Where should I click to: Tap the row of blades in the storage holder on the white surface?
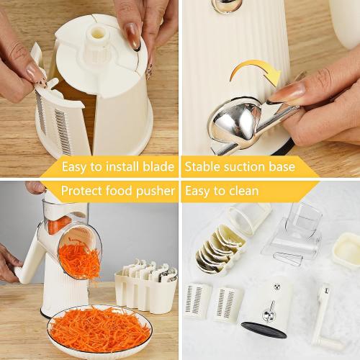tap(220, 249)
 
